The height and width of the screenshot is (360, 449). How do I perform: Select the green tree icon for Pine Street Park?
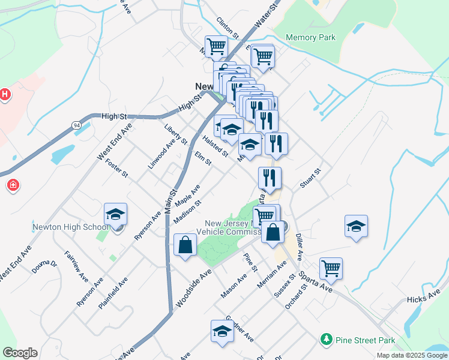[x=327, y=340]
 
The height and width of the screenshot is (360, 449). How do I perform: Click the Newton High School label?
[x=71, y=227]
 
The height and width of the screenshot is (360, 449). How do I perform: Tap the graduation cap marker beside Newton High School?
[x=116, y=215]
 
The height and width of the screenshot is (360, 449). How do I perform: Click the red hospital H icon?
[x=4, y=95]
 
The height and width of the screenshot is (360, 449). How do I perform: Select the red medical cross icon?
[x=13, y=185]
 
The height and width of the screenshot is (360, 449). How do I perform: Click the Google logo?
[x=20, y=353]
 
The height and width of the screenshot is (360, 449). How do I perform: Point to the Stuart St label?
[x=311, y=178]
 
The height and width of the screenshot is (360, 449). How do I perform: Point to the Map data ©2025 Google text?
[x=411, y=355]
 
